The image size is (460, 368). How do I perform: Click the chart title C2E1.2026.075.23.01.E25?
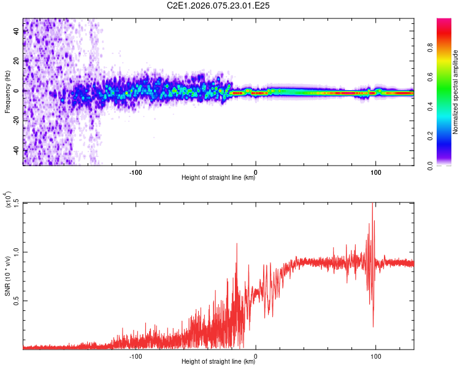[218, 6]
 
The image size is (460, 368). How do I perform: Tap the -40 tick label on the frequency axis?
[16, 150]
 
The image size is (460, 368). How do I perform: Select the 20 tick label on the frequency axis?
[16, 61]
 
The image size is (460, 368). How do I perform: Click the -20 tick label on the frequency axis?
[16, 121]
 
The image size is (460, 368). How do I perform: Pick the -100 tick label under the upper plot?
[136, 171]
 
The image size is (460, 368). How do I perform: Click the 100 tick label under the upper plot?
[375, 171]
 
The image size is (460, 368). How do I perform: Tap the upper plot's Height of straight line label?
[218, 178]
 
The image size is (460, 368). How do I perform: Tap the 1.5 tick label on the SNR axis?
[16, 204]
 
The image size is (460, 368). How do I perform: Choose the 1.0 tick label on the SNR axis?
[16, 252]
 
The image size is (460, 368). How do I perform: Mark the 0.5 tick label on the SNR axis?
[16, 301]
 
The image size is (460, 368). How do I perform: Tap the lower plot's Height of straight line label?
[218, 361]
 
